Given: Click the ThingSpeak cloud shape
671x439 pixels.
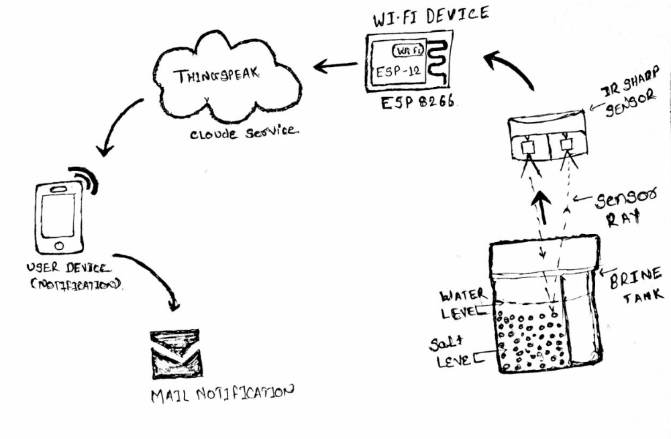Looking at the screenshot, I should pyautogui.click(x=221, y=80).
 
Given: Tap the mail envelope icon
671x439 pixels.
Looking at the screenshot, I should pyautogui.click(x=175, y=353).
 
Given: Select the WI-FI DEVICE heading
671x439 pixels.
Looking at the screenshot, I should pyautogui.click(x=430, y=17).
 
